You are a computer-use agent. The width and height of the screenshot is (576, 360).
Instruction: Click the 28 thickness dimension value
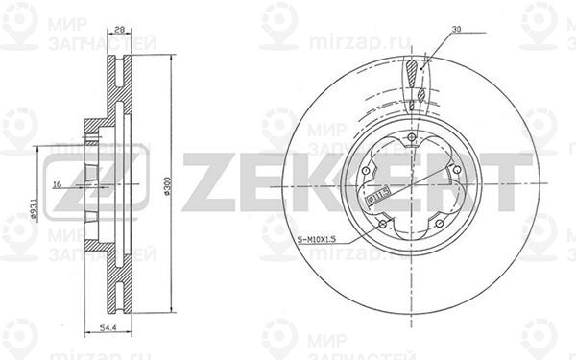tap(120, 30)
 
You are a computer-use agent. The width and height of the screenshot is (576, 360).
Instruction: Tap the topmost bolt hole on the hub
tap(410, 140)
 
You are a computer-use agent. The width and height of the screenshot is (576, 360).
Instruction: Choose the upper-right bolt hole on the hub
tap(455, 172)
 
